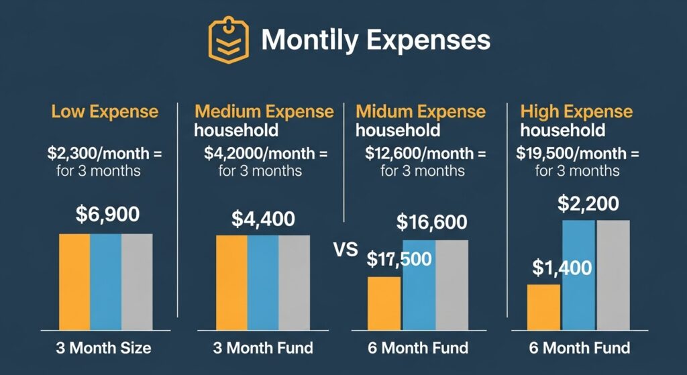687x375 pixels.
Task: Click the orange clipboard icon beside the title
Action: pos(228,41)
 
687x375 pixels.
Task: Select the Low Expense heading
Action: pos(105,111)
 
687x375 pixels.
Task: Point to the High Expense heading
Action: pos(576,111)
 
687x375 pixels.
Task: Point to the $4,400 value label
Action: pos(264,219)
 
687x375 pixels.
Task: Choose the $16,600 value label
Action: pos(432,221)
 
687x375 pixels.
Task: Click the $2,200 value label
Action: pos(588,204)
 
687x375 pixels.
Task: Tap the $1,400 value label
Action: pos(562,268)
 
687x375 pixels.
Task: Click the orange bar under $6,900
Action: pos(74,282)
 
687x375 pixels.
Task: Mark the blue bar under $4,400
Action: pos(263,282)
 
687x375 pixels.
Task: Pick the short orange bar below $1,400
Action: pos(543,307)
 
